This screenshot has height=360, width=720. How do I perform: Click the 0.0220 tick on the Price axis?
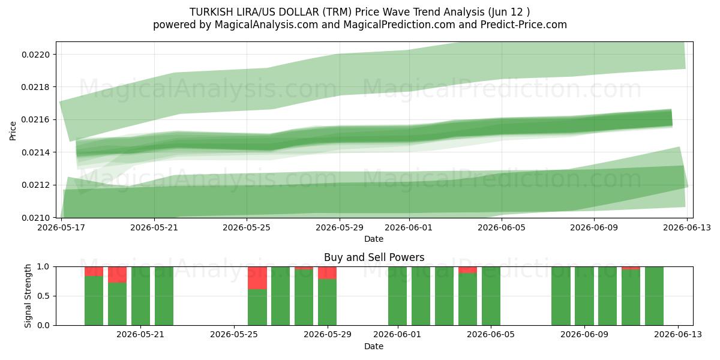tap(36, 55)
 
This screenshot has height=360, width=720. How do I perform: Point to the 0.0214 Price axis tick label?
tap(36, 152)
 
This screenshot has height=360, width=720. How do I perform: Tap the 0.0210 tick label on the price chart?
tap(36, 218)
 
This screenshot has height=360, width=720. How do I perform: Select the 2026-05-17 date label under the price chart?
tap(61, 228)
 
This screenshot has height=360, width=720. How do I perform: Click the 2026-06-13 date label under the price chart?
tap(687, 228)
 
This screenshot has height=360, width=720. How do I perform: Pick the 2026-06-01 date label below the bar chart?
tap(397, 335)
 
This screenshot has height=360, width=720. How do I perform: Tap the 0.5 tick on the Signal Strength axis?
tap(43, 296)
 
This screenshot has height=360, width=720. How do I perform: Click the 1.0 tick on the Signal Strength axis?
tap(43, 267)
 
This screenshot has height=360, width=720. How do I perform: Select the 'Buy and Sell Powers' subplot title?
tap(374, 257)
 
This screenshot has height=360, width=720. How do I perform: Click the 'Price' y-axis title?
tap(13, 131)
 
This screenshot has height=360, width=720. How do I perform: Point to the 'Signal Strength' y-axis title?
tap(28, 296)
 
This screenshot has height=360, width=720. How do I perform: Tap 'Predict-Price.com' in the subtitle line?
tap(524, 25)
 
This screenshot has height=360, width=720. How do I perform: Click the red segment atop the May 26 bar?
tap(257, 278)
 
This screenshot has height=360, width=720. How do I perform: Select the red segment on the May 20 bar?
tap(118, 275)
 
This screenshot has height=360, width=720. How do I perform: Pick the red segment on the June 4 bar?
tap(467, 270)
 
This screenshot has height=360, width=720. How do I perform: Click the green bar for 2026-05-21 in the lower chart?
tap(164, 296)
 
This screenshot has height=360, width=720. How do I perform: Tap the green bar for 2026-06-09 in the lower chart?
tap(584, 296)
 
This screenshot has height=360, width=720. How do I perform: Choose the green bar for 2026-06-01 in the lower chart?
tap(397, 296)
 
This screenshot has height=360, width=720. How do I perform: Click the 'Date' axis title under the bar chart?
tap(374, 346)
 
